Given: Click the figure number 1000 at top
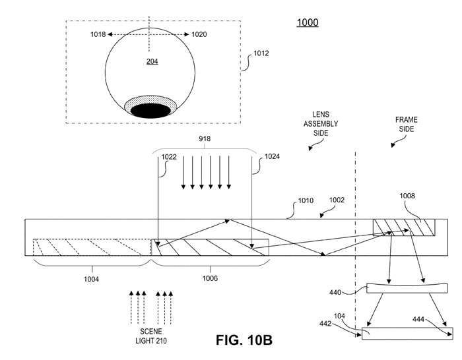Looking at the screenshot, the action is (308, 22).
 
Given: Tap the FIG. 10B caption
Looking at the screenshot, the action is (244, 340).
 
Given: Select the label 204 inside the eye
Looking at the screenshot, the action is (152, 61).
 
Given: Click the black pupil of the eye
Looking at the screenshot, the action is (150, 111).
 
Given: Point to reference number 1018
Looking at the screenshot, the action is (98, 34).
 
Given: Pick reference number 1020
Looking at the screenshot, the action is (199, 34).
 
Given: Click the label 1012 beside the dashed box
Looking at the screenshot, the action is (261, 53).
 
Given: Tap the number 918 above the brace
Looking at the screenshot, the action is (205, 138).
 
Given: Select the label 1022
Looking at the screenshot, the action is (169, 157).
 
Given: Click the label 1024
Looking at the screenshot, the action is (272, 156).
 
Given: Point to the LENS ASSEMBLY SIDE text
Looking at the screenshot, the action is (321, 124).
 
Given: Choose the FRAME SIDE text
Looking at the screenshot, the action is (407, 124).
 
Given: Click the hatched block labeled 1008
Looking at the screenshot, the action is (404, 227).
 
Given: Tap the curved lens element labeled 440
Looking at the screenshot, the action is (407, 288).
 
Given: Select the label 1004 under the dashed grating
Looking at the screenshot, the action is (91, 279).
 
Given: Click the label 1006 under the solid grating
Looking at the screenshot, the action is (210, 278).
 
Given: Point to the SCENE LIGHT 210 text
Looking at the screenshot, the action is (151, 336).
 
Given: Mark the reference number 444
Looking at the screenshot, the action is (418, 319).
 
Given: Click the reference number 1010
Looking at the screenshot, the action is (306, 200).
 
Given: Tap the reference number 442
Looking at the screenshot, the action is (325, 324).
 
